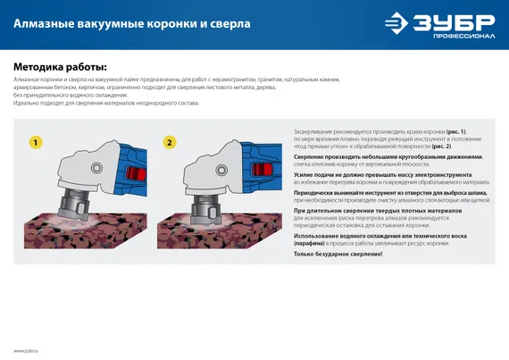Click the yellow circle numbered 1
coord(35,142)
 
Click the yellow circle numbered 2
coord(170,142)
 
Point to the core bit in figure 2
coord(206,206)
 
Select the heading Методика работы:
coord(59,67)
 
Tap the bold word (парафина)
coord(313,242)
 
